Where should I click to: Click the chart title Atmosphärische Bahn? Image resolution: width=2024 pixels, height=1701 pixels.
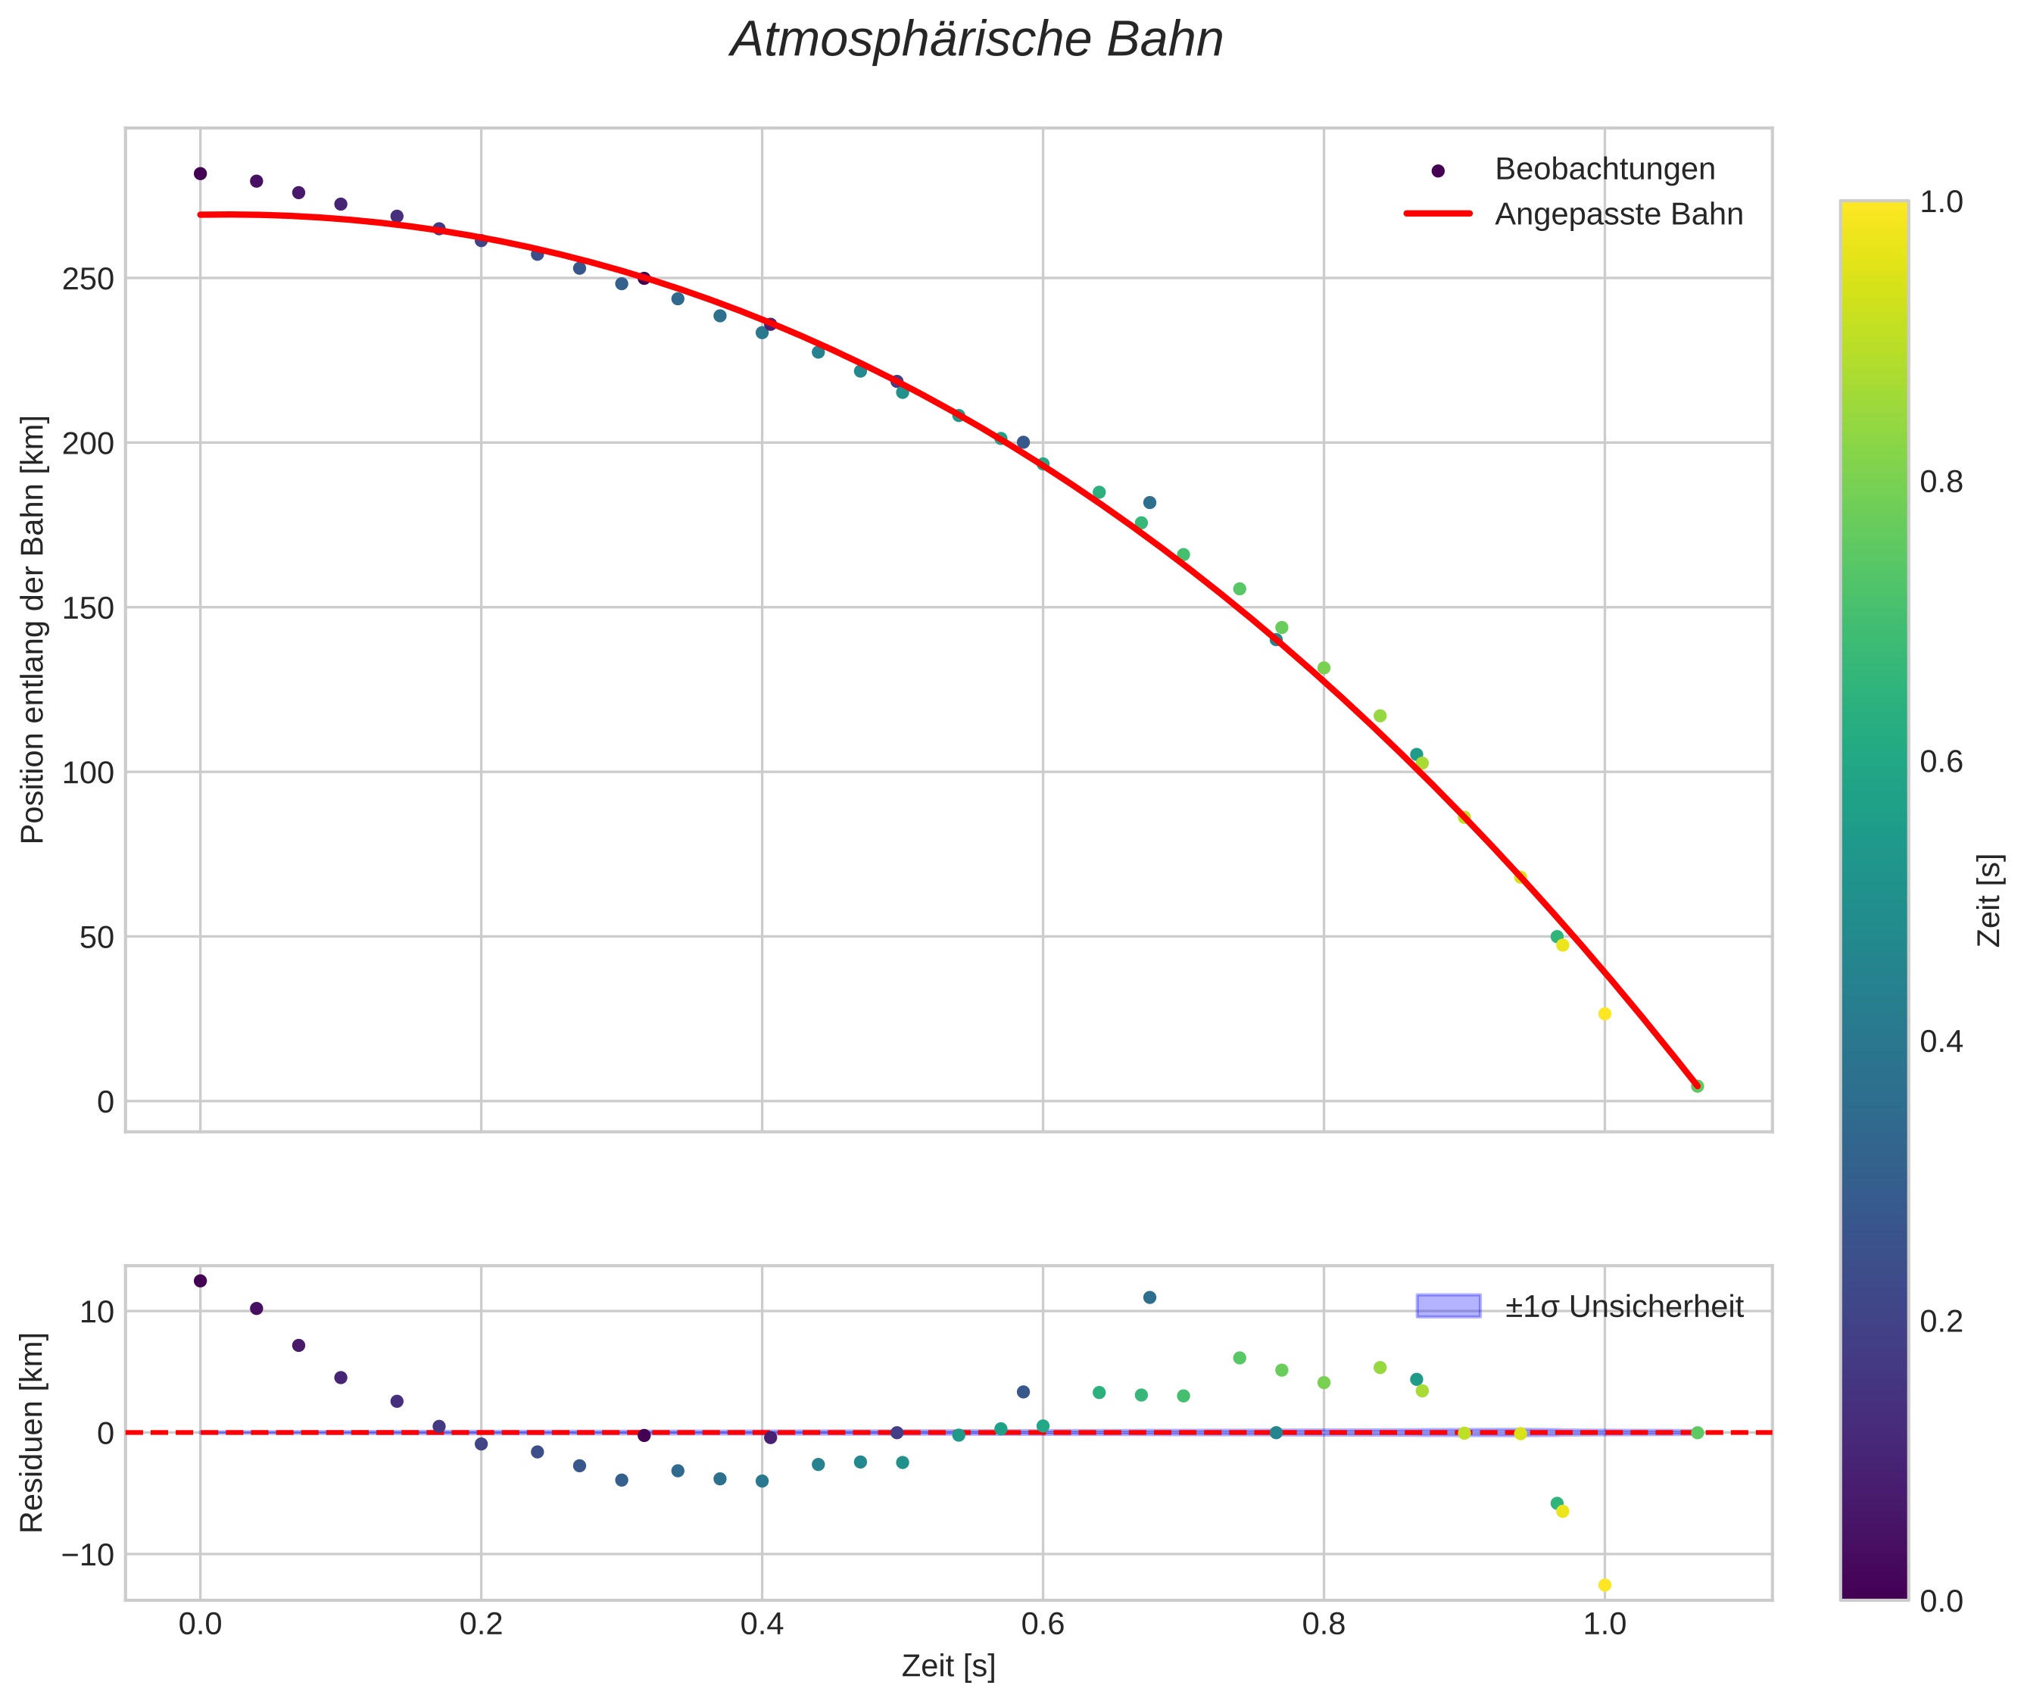point(976,40)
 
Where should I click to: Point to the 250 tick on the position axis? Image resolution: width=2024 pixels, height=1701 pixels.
point(88,279)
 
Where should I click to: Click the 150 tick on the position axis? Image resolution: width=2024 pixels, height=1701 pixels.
point(88,608)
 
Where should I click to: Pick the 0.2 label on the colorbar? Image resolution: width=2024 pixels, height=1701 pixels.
point(1941,1321)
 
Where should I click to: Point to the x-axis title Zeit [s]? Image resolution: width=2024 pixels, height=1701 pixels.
point(948,1666)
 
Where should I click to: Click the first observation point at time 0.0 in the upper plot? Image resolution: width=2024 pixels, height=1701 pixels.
point(201,173)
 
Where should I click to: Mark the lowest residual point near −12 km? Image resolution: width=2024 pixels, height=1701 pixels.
point(1605,1585)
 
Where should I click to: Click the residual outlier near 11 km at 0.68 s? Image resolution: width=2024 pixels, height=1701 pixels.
point(1149,1297)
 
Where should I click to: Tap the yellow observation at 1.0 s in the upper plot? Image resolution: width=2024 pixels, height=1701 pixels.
point(1605,1013)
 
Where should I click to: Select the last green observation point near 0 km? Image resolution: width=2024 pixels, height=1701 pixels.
point(1697,1086)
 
